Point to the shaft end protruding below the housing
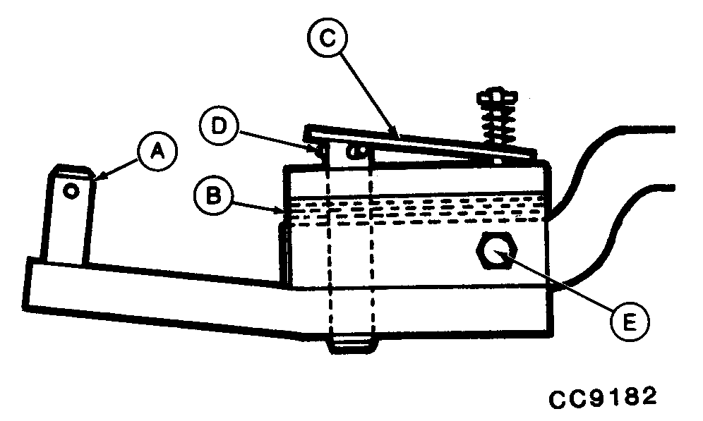351,344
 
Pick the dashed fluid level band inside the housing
416,209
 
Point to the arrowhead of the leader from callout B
283,209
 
